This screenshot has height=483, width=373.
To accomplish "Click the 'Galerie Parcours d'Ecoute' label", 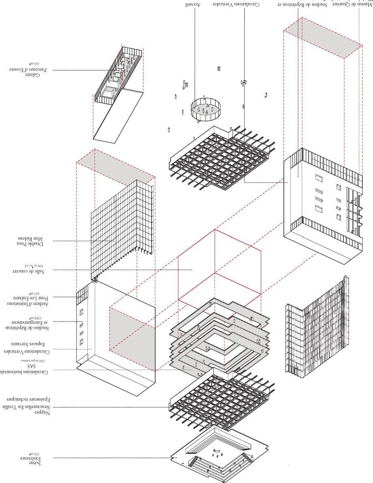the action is click(x=32, y=70).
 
